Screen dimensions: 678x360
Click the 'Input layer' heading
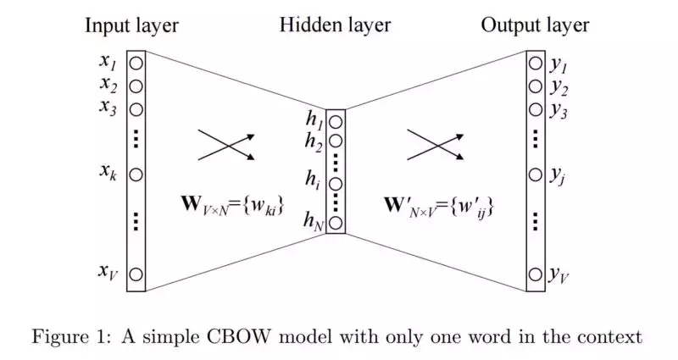[131, 25]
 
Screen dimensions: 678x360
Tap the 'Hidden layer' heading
[335, 25]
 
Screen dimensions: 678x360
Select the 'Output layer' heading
[535, 25]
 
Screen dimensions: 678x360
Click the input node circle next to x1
[136, 64]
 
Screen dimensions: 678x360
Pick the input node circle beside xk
[136, 174]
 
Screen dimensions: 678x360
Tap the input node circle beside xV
[136, 274]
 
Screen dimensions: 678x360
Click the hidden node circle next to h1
[336, 122]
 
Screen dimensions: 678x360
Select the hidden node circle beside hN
[336, 223]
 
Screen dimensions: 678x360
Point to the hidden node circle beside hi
[336, 184]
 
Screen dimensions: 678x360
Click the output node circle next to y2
[536, 86]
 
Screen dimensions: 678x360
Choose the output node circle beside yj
[536, 174]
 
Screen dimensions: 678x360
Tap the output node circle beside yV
[536, 274]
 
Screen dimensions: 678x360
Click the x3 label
[108, 108]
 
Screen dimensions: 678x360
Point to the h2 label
[314, 142]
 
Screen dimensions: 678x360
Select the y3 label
[559, 110]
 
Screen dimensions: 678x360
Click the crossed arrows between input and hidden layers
[226, 145]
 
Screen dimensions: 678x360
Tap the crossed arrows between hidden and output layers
[436, 145]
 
